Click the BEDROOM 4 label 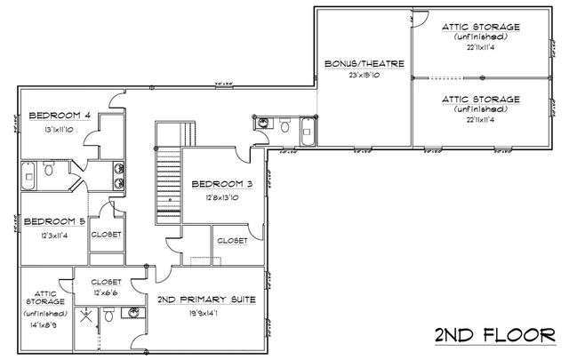59,115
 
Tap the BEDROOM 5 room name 54,221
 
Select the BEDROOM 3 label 222,184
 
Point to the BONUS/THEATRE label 365,64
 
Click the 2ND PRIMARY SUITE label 206,300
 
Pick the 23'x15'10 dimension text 365,76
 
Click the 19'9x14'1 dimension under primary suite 206,312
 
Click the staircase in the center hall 168,178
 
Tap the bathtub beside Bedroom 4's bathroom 28,174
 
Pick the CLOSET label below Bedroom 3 232,240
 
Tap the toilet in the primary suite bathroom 108,314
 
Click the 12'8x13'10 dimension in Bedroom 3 222,197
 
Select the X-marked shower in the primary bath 85,315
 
